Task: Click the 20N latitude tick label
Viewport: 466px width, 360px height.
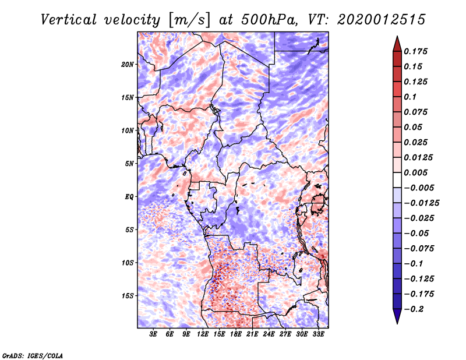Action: coord(128,64)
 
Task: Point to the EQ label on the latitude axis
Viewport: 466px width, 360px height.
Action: coord(129,197)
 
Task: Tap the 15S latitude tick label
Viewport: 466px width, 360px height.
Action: coord(128,296)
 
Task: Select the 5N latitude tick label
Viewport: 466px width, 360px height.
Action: coord(129,164)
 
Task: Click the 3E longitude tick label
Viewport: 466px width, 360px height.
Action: coord(154,334)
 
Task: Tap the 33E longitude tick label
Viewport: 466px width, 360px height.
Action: coord(319,334)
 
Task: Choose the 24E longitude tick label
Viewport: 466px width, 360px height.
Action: coord(269,334)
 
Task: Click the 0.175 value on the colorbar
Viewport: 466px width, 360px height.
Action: coord(417,51)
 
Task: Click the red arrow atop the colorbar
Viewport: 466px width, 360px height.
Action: coord(396,43)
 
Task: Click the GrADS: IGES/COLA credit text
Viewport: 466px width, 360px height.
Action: coord(33,355)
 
